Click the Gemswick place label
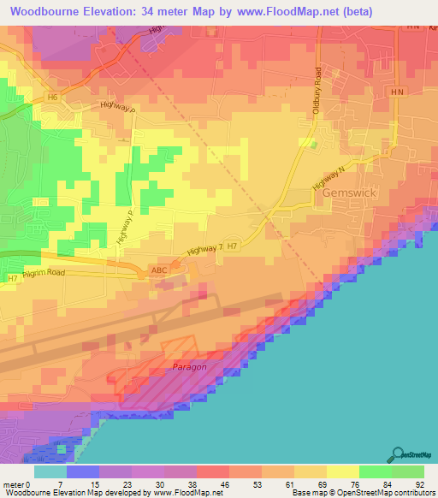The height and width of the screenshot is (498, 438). point(349,193)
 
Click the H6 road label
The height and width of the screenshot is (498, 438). point(53,98)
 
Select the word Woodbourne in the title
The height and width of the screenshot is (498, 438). point(49,12)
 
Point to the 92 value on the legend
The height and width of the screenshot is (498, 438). point(420,485)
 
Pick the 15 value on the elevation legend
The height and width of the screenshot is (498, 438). point(83,485)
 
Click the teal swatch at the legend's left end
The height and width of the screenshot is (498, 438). point(50,471)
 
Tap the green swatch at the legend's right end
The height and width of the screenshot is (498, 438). point(407,471)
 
